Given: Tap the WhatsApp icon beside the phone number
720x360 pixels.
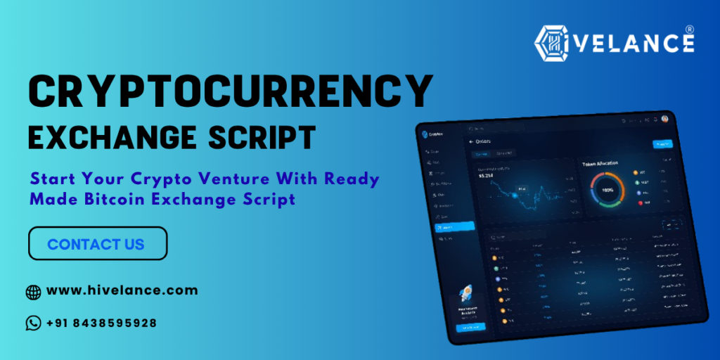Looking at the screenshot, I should coord(33,323).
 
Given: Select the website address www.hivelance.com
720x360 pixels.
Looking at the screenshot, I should coord(122,290).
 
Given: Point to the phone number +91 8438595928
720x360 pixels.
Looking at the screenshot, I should coord(101,323).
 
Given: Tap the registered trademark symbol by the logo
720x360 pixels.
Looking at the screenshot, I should coord(690,30).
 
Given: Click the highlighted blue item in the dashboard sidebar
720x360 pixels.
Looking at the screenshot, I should coord(445,227).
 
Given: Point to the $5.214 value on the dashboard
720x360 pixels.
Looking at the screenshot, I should coord(487,176).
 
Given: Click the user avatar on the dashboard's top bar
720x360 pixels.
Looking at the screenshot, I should coord(664,119).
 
